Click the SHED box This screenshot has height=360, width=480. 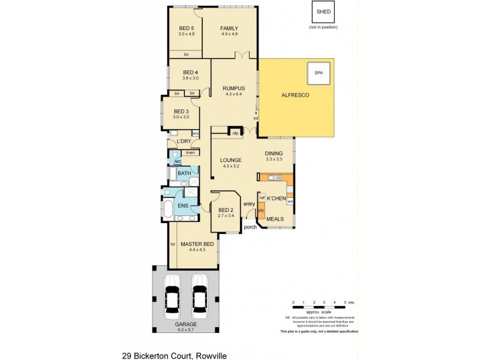pyautogui.click(x=323, y=11)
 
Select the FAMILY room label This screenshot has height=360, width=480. pyautogui.click(x=229, y=28)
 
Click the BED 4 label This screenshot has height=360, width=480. pyautogui.click(x=190, y=73)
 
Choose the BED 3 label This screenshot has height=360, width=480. pyautogui.click(x=181, y=112)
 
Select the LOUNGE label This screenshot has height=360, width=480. pyautogui.click(x=230, y=160)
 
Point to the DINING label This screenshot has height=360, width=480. pyautogui.click(x=276, y=154)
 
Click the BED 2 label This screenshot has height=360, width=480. pyautogui.click(x=226, y=209)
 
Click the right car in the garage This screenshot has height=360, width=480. pyautogui.click(x=200, y=297)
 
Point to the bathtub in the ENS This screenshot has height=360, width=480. pyautogui.click(x=169, y=209)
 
